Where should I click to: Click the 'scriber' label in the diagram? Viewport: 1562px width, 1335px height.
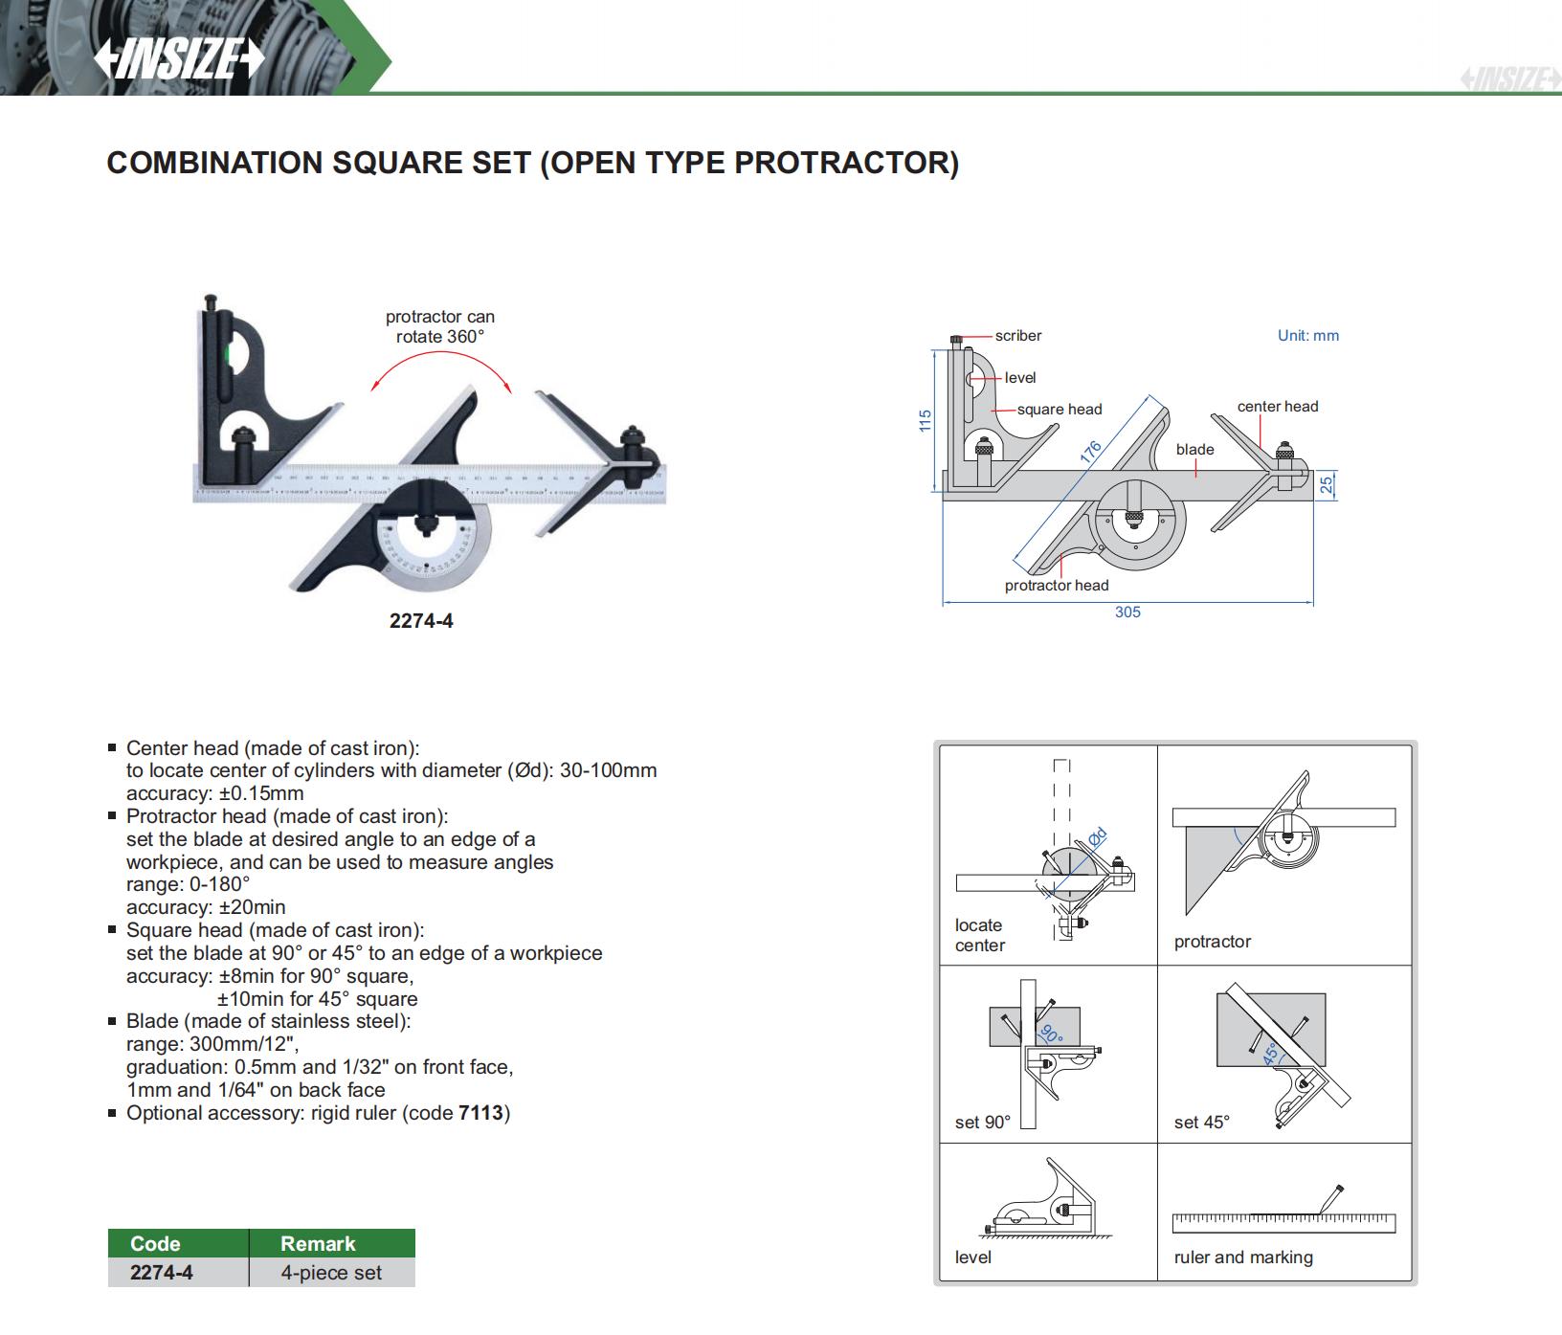(1017, 336)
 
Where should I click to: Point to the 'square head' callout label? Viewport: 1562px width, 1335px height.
(1059, 410)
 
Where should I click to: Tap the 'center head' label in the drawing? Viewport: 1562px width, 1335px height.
(1277, 407)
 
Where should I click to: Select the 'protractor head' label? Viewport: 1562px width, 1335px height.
(1056, 586)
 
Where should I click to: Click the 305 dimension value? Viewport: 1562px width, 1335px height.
(1127, 612)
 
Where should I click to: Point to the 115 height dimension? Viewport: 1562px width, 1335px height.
(925, 420)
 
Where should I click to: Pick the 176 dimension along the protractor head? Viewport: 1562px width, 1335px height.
(1091, 453)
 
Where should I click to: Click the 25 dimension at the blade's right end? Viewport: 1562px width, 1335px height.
(1327, 485)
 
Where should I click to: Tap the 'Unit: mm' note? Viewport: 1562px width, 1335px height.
(1307, 336)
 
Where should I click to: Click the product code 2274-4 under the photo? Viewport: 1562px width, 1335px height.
(421, 621)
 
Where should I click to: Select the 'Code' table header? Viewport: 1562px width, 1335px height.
(155, 1243)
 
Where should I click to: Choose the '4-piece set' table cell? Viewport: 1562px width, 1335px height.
(331, 1273)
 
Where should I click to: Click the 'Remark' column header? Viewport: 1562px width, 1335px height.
(318, 1243)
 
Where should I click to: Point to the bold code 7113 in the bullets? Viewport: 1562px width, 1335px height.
(480, 1113)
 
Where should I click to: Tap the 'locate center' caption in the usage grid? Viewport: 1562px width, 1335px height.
(979, 935)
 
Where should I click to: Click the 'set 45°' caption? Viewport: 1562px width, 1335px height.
(1201, 1123)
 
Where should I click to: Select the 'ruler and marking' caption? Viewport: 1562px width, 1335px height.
(1243, 1257)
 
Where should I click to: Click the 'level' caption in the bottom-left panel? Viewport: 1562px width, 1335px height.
(972, 1257)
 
